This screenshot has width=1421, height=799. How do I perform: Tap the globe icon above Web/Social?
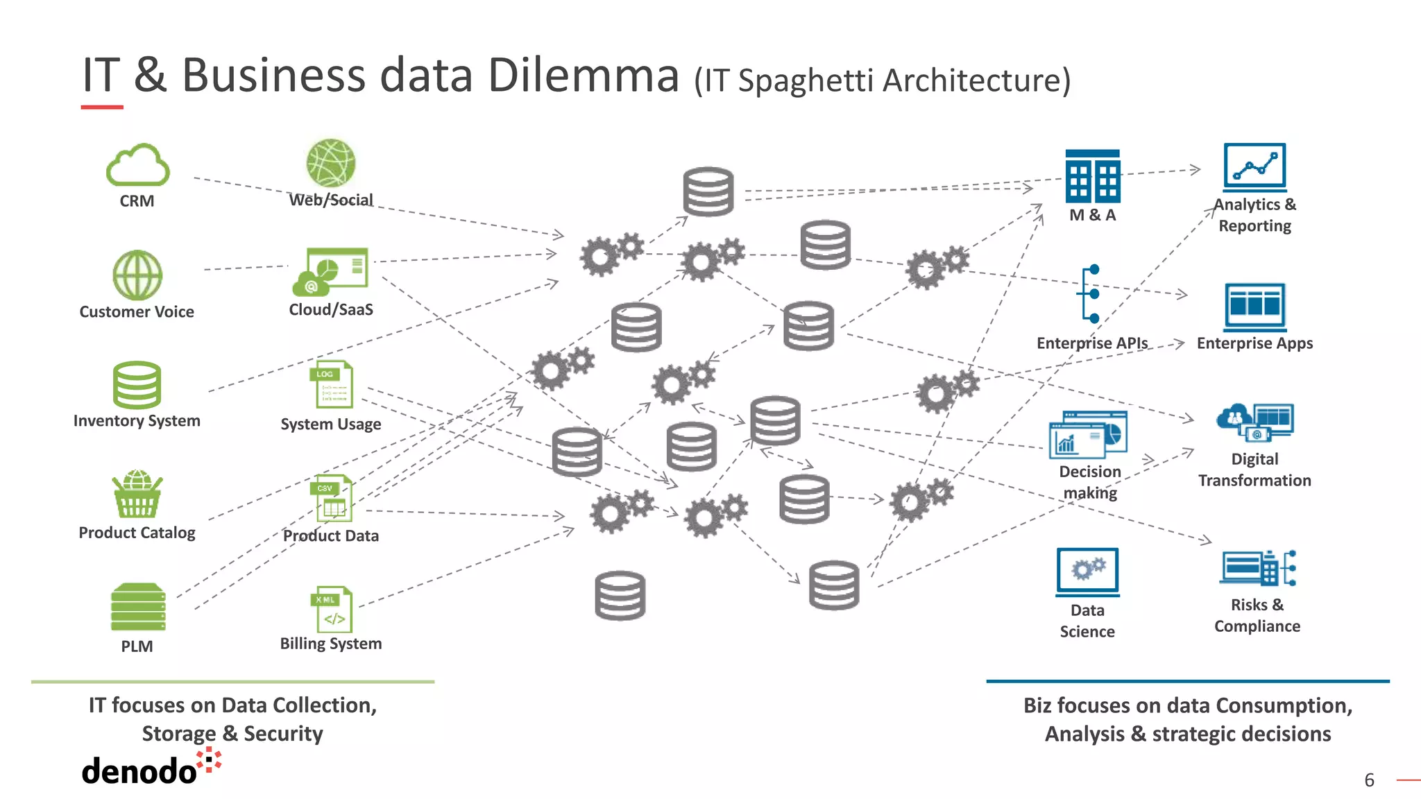[x=330, y=163]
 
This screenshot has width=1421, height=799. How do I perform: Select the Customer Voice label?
[x=137, y=312]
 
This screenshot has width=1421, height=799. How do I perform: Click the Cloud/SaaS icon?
[x=331, y=271]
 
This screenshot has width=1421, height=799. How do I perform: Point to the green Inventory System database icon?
[x=137, y=385]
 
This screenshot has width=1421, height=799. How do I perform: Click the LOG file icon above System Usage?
[x=331, y=384]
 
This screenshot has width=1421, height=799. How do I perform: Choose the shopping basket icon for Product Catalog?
[x=137, y=494]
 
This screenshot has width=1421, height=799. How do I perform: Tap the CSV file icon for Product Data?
[x=332, y=498]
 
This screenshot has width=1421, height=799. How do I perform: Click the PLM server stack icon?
[x=138, y=607]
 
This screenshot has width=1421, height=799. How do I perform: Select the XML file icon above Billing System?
[x=332, y=609]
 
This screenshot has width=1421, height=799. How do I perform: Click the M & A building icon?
[x=1092, y=176]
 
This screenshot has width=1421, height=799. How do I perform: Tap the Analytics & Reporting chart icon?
[x=1254, y=167]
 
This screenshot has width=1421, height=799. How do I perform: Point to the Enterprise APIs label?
[x=1091, y=343]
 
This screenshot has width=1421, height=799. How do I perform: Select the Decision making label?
[x=1090, y=482]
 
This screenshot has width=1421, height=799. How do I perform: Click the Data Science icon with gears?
[x=1087, y=572]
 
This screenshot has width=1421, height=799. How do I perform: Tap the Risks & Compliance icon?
[x=1257, y=569]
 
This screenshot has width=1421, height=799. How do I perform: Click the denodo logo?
[x=149, y=768]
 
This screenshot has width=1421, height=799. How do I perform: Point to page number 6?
[x=1369, y=780]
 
